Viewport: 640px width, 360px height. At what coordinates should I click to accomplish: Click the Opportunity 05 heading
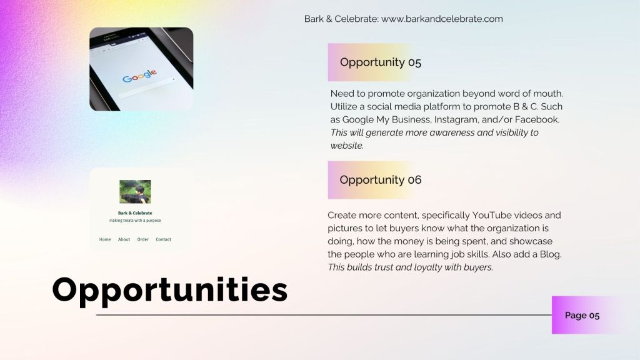381,62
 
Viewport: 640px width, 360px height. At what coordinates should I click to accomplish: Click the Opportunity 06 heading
381,179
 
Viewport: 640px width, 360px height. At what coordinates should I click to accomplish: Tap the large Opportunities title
170,290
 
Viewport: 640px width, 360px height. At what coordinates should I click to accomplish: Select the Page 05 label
582,315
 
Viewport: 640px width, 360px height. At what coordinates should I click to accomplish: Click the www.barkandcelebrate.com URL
442,19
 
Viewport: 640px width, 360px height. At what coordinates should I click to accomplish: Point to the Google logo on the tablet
139,76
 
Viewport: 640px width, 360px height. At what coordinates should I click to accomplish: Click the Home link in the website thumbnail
105,239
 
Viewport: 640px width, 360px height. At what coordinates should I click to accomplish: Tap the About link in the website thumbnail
124,239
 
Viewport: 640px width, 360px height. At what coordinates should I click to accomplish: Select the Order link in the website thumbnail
143,239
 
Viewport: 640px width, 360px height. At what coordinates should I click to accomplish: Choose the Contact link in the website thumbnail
163,239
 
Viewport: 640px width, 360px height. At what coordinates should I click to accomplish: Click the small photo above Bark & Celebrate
135,191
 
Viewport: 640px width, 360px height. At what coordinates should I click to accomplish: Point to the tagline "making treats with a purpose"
135,221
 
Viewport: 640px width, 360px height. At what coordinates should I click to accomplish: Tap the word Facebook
537,119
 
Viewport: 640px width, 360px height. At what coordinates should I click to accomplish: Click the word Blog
551,254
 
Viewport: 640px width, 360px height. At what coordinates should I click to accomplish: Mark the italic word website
347,146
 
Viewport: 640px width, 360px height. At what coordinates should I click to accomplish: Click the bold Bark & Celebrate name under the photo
135,213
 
